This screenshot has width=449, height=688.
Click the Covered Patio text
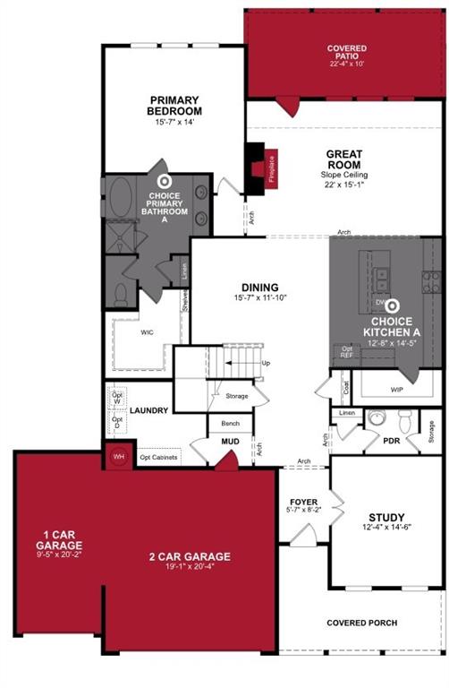(347, 53)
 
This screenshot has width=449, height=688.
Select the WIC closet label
(148, 331)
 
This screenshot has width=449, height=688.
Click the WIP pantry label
(397, 390)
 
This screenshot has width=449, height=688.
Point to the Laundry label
(149, 411)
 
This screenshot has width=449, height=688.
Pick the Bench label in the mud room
(230, 422)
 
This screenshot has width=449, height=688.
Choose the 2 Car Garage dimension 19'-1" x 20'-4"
(189, 567)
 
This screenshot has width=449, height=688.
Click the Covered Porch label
(361, 623)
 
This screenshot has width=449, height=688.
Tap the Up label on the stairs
(266, 363)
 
